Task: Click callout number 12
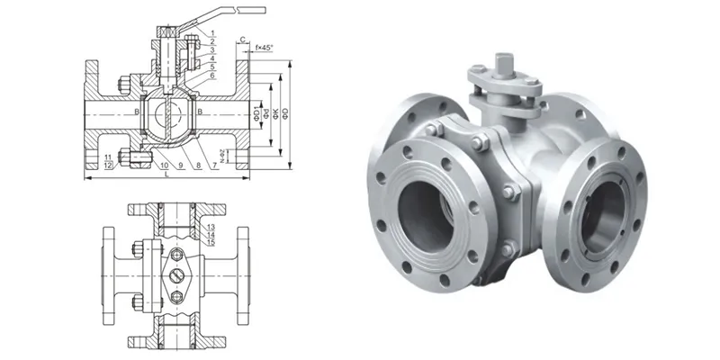coord(107,166)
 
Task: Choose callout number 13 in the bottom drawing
coord(210,227)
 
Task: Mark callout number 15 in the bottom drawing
coord(210,242)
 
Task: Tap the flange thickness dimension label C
coord(244,40)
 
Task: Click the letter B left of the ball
coord(136,112)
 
